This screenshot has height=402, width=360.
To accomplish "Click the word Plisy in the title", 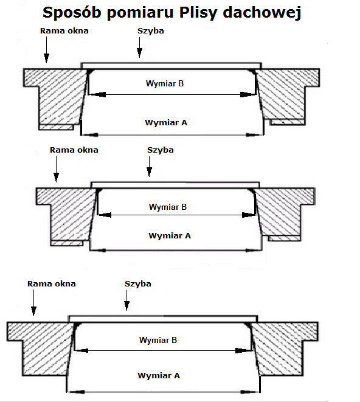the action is tap(198, 13).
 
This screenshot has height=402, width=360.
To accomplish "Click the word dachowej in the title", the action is tap(262, 12).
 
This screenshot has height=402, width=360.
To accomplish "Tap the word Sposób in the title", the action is tap(72, 12).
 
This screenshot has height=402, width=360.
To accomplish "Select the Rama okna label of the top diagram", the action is tap(64, 31).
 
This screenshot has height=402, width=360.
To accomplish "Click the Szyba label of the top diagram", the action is tap(151, 31).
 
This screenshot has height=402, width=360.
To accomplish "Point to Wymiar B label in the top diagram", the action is tap(165, 83).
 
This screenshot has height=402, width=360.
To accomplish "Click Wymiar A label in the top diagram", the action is tap(166, 123).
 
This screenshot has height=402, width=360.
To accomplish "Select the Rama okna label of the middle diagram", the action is tap(74, 150).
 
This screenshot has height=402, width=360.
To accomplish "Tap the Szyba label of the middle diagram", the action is tap(161, 150).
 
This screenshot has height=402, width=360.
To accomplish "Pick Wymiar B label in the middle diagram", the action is tap(168, 207).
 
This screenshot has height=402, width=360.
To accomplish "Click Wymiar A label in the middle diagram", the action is tap(170, 235).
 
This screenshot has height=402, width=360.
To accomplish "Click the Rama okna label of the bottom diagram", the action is tap(52, 284).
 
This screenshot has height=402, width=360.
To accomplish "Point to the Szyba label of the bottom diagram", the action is tap(137, 284).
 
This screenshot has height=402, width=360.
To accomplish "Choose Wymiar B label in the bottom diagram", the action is tap(158, 340).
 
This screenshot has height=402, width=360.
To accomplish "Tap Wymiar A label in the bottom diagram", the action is tap(159, 376).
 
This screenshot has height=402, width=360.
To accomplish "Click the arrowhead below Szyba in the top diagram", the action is tap(139, 52).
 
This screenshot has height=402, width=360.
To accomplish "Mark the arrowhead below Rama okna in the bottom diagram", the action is tap(33, 311).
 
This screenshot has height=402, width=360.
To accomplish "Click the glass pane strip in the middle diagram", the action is tap(175, 185).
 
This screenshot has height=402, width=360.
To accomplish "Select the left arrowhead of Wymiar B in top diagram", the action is tap(97, 95).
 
